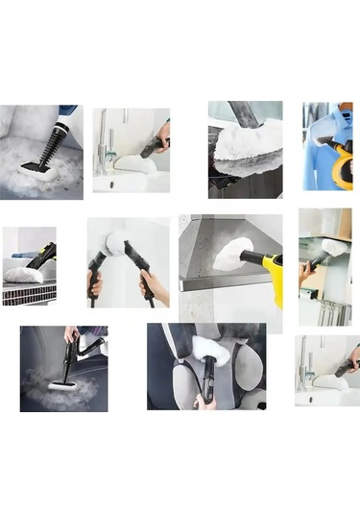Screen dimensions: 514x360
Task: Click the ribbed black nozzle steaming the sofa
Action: coord(50,146)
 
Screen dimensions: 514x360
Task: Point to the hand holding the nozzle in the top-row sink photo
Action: coord(164,134)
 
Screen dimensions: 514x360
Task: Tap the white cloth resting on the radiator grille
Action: coord(23,275)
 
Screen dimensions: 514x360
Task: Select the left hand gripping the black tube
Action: coord(96,284)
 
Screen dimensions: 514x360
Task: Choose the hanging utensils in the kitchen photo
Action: coord(330,309)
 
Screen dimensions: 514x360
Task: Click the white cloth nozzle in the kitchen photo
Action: coord(332,248)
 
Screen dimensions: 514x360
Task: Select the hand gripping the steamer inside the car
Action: coord(72,334)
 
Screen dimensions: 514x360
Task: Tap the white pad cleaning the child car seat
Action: coord(206,348)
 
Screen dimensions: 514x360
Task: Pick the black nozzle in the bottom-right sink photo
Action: coord(343,365)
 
